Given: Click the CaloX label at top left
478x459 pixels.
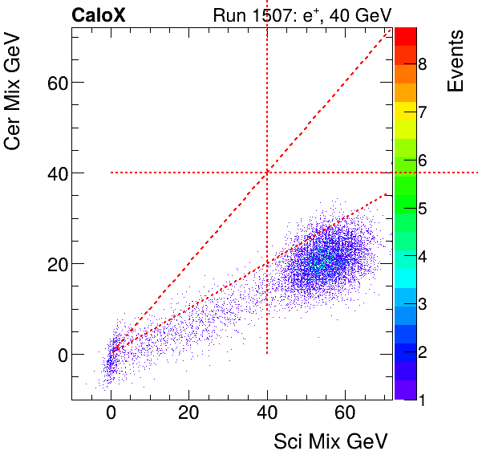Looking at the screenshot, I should pyautogui.click(x=98, y=14).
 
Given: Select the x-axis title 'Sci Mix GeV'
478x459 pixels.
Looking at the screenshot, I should pyautogui.click(x=331, y=441).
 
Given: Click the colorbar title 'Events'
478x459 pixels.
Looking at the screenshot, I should pyautogui.click(x=456, y=61).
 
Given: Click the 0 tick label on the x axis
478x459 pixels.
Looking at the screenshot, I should pyautogui.click(x=111, y=414).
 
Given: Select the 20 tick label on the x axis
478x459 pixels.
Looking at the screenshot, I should pyautogui.click(x=188, y=414).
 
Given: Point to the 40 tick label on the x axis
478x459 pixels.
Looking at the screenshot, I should pyautogui.click(x=267, y=414).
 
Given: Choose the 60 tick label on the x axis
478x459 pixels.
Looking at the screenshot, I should pyautogui.click(x=345, y=414).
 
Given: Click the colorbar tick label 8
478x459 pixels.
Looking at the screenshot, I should pyautogui.click(x=422, y=63).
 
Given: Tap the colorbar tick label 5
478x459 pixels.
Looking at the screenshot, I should pyautogui.click(x=422, y=209).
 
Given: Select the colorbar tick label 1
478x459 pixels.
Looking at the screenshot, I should pyautogui.click(x=422, y=399).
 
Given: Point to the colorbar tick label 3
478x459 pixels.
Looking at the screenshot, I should pyautogui.click(x=422, y=304).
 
